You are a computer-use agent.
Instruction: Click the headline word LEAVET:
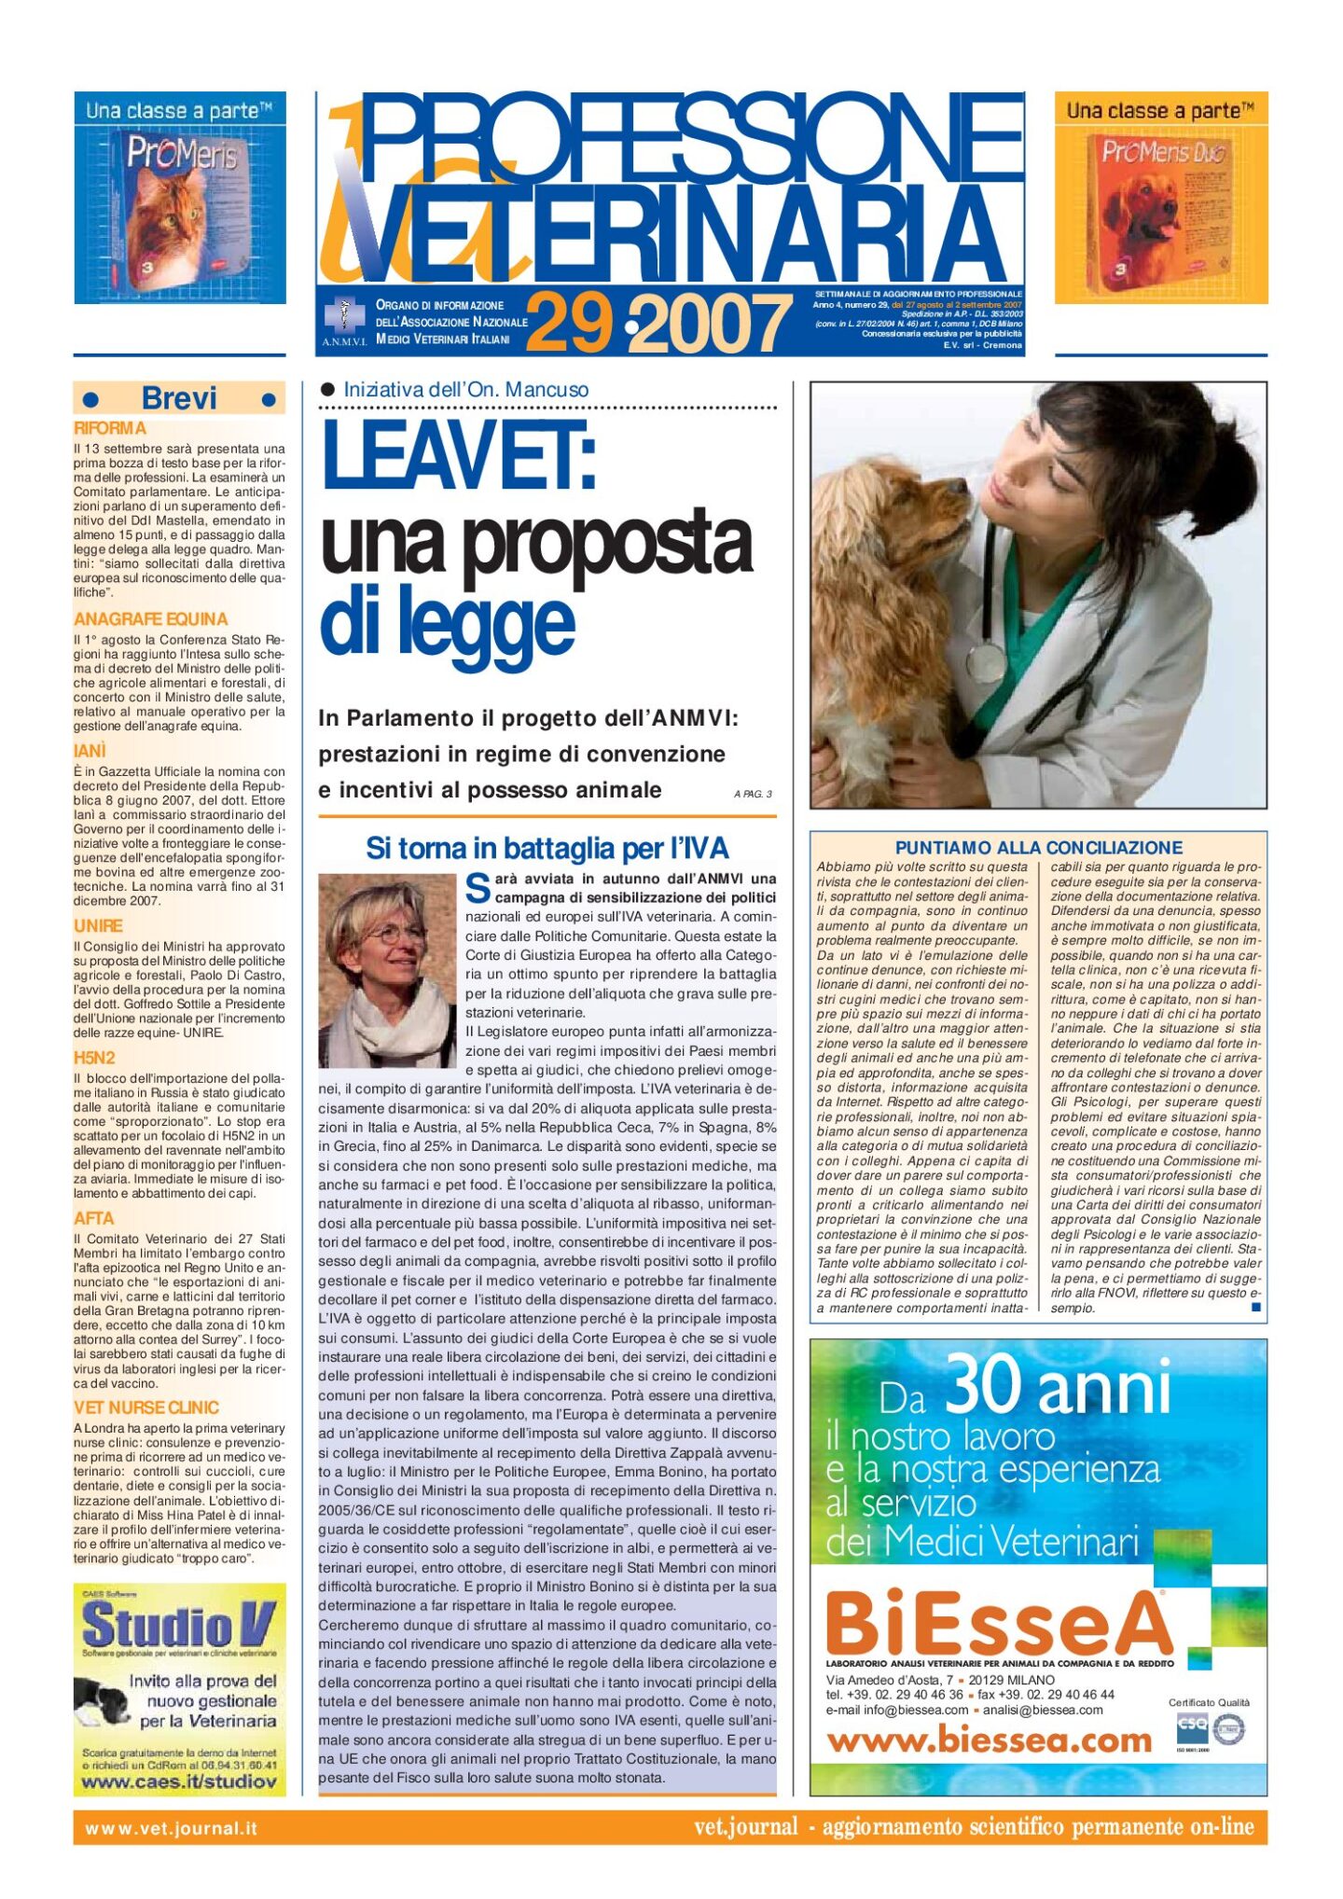coord(459,456)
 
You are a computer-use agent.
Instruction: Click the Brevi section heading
coord(179,399)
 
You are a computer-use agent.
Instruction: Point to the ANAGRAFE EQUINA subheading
coord(150,619)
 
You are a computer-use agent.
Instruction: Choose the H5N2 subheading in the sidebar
coord(94,1058)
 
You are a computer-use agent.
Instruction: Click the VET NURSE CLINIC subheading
coord(146,1407)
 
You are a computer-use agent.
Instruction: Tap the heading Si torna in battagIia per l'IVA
coord(547,848)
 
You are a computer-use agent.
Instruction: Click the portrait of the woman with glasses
coord(388,970)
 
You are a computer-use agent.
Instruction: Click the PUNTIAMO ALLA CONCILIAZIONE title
coord(1038,848)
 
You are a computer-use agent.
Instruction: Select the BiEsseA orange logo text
coord(998,1625)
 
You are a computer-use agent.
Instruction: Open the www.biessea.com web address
coord(990,1740)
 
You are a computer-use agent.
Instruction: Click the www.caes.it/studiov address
coord(179,1782)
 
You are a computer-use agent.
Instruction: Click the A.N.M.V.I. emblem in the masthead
coord(345,318)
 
